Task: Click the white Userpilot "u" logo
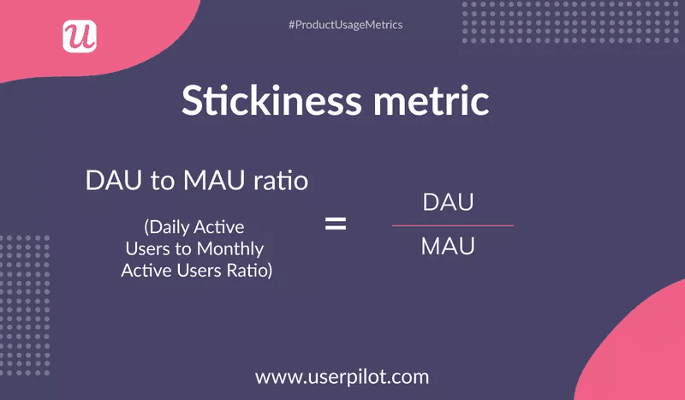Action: pos(80,35)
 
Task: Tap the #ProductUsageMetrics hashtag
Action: pos(345,25)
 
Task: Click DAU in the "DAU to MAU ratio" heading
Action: pos(109,182)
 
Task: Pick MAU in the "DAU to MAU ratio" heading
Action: pos(206,182)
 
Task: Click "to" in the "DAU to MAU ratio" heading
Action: pos(156,182)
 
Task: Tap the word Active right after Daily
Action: pos(219,227)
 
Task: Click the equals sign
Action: pos(335,225)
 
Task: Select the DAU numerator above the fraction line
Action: pos(449,204)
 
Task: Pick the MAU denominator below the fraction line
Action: pos(449,248)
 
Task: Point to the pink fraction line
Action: pos(452,225)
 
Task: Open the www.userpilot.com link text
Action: pos(342,376)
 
